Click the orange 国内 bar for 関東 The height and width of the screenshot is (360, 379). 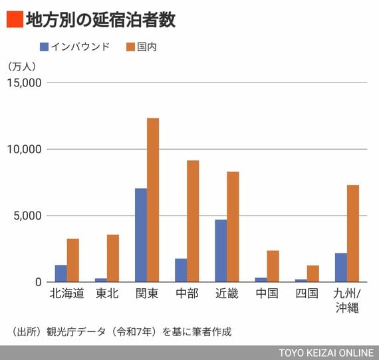153,200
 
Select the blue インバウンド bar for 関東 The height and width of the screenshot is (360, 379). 141,235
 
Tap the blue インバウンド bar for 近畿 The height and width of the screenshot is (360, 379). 221,251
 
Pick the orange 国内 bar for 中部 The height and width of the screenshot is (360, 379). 193,221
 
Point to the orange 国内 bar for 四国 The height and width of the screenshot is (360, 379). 313,273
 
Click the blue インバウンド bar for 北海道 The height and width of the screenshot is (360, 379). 61,273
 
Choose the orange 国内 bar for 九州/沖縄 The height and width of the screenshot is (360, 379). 353,234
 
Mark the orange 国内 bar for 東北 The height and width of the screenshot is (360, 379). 113,258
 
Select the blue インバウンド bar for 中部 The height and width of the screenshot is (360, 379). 181,270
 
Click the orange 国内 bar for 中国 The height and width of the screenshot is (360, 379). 273,266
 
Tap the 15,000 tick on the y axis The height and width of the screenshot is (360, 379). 24,83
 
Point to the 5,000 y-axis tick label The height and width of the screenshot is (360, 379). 27,216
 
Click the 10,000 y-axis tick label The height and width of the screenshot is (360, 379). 24,149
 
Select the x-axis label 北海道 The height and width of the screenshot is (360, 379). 67,293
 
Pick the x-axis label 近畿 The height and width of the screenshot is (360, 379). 227,293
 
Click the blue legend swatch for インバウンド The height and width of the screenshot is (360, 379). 45,47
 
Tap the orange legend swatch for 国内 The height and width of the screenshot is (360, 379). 130,47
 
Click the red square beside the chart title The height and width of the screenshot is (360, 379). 15,19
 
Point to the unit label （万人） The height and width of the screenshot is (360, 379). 22,67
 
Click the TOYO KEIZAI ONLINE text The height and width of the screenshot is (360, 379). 326,353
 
